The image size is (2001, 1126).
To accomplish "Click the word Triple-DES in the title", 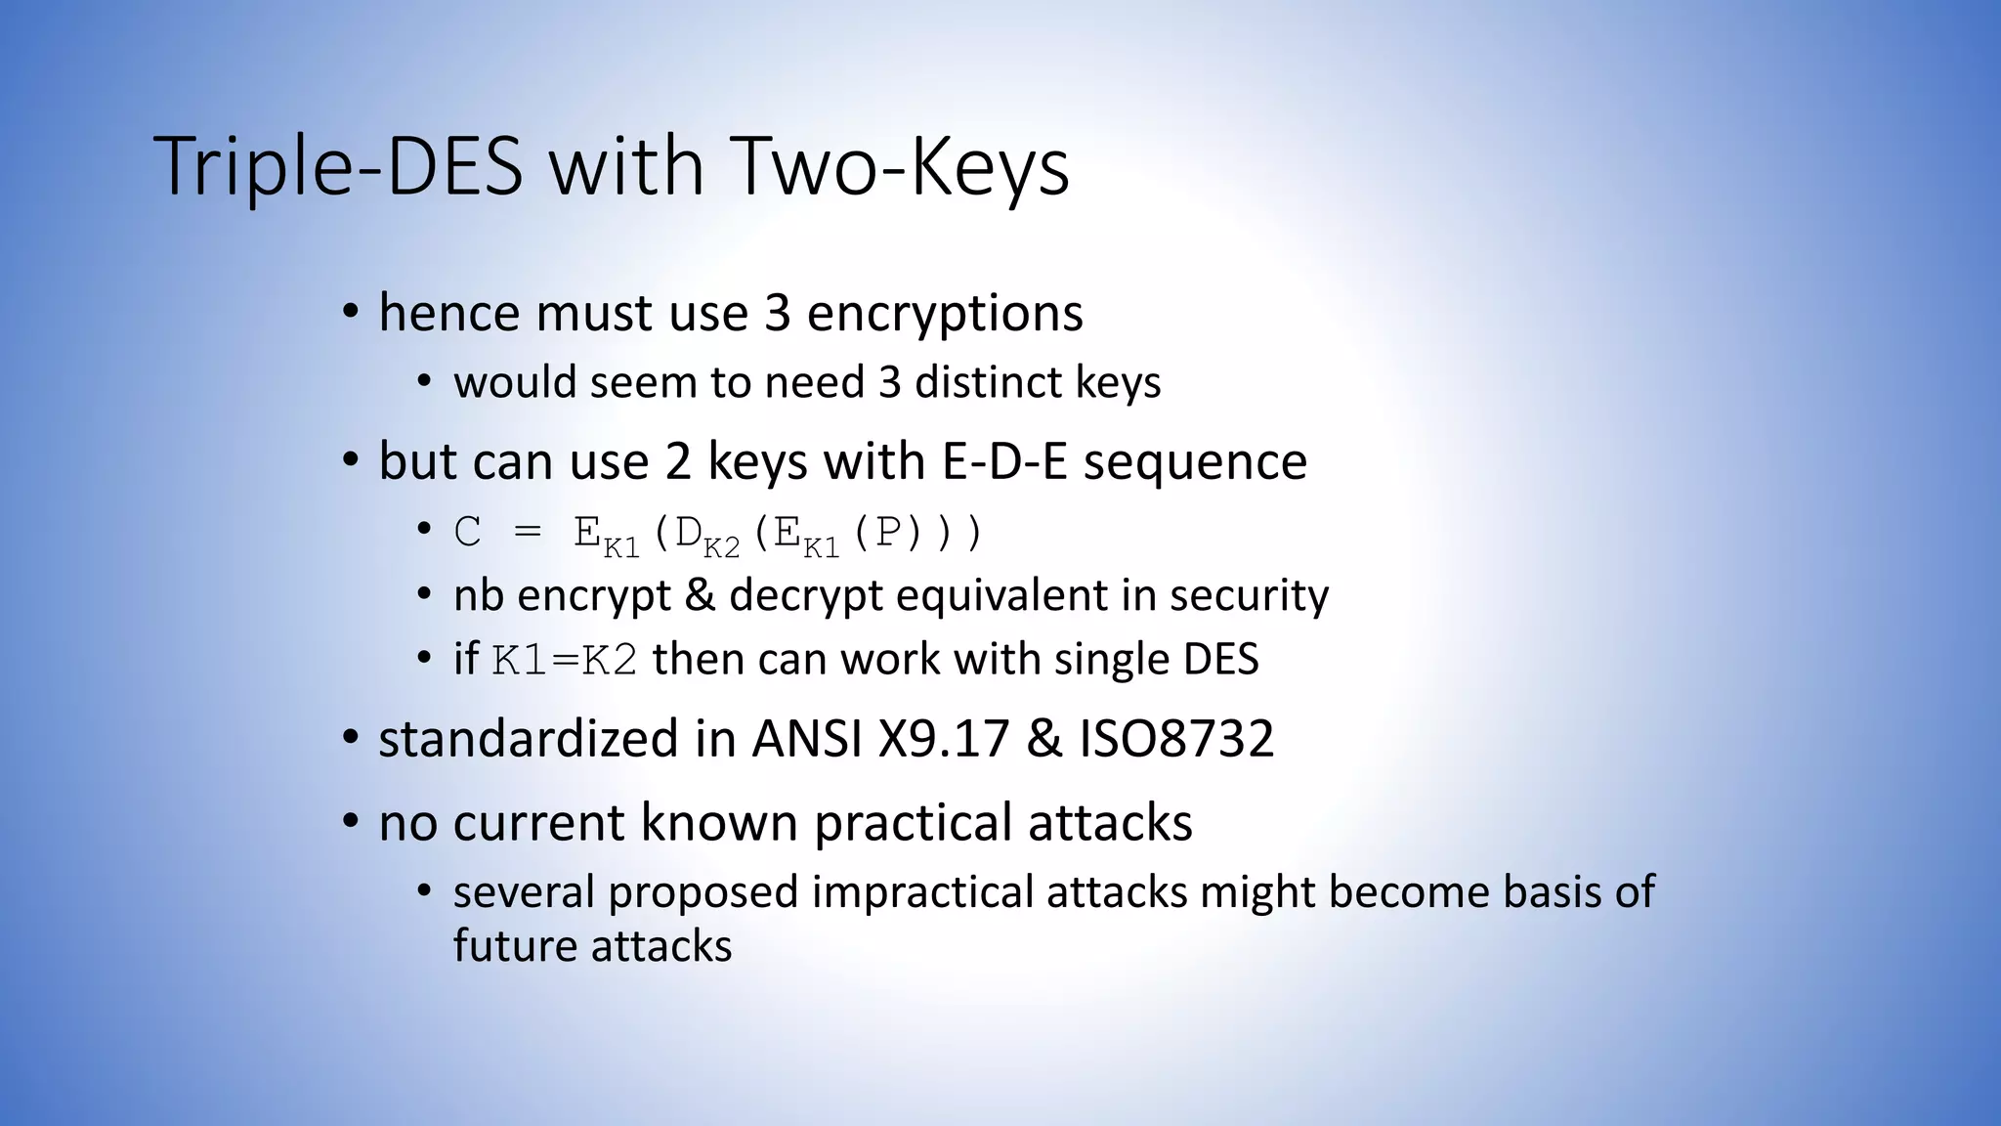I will (x=338, y=166).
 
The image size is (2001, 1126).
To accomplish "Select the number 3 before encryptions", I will (x=777, y=313).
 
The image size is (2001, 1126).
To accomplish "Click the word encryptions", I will (x=945, y=313).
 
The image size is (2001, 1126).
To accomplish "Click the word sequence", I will (x=1195, y=460).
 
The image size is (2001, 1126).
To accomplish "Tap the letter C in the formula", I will (x=467, y=533).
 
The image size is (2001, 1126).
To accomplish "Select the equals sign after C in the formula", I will (x=527, y=533).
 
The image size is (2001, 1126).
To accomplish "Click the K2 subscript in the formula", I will (x=722, y=547).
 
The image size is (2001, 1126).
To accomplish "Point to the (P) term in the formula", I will (x=887, y=533).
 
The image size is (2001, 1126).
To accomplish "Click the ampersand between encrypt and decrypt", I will (x=700, y=595).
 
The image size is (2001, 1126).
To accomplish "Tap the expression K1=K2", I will (x=565, y=660).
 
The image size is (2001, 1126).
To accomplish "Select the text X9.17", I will (x=943, y=738).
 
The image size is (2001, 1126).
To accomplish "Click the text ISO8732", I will (x=1176, y=738).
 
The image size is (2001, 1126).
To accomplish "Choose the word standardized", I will (x=529, y=738).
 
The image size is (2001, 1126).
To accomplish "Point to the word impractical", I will (x=922, y=891).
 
